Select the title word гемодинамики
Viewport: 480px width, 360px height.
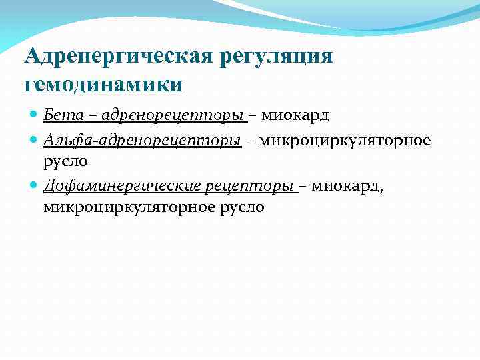coord(103,85)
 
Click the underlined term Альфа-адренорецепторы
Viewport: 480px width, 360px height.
coord(142,140)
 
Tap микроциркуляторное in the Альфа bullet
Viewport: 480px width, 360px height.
coord(345,140)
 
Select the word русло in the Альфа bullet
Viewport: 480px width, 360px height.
coord(65,161)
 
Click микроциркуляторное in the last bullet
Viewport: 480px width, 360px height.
coord(129,207)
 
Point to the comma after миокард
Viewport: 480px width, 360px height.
coord(381,191)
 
